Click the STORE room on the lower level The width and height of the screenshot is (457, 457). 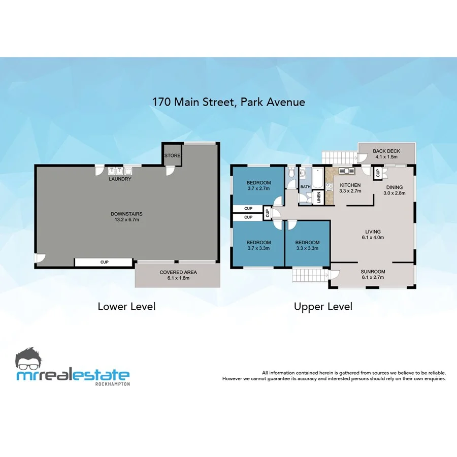(172, 155)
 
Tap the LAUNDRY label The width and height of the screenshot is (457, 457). (120, 179)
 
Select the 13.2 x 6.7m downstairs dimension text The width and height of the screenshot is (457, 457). (125, 220)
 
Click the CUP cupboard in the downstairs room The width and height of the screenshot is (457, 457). (104, 263)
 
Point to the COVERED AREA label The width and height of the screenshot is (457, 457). (178, 273)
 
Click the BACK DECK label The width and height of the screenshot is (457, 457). (386, 151)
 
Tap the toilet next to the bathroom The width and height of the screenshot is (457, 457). (290, 174)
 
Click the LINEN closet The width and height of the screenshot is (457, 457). (318, 197)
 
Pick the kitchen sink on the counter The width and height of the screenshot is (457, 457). (343, 172)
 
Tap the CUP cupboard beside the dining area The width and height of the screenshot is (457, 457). (378, 173)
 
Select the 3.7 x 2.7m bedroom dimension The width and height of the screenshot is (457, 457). (258, 188)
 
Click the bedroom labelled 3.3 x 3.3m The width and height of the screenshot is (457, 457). (307, 245)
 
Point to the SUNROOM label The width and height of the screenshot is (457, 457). (373, 271)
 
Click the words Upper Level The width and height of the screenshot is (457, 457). (323, 307)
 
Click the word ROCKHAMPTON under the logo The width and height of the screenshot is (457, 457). (112, 384)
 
